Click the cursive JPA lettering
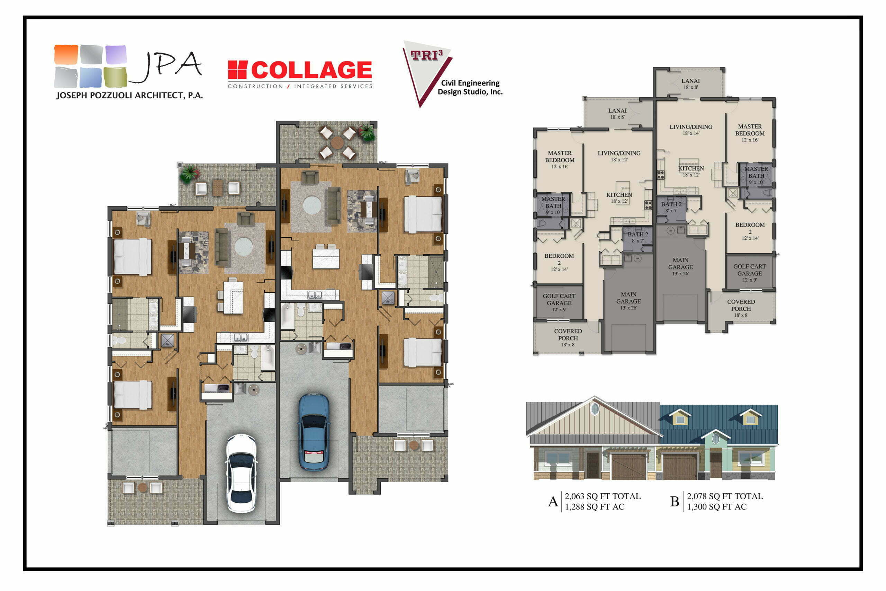166,66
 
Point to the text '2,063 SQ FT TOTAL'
603,496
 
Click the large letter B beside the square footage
675,502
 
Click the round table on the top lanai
337,142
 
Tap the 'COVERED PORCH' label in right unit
741,308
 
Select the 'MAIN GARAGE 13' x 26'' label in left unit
629,300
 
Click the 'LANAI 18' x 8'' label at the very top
690,84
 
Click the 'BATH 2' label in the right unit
671,207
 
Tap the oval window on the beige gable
594,408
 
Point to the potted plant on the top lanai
367,132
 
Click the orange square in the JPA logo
66,54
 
